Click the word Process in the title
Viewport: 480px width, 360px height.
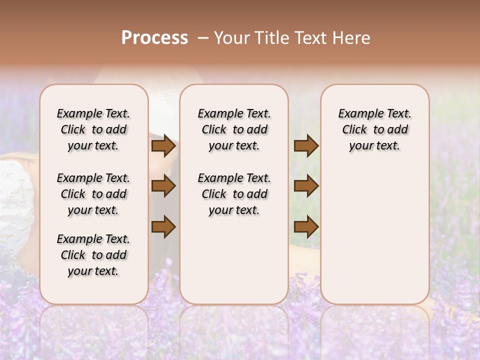pos(154,38)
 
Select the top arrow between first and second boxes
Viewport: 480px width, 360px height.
pos(163,146)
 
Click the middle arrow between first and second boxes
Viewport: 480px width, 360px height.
pos(163,186)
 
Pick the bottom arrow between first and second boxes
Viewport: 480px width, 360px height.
pos(163,227)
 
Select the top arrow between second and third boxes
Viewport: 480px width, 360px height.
pos(306,146)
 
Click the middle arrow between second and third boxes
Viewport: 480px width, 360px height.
pos(306,186)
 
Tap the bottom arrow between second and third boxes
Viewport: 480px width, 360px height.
pos(306,227)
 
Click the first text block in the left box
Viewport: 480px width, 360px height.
pos(93,129)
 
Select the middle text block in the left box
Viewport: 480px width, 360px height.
pos(93,194)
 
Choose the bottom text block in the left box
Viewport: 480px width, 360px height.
pos(93,255)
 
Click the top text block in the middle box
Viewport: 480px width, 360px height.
pos(234,129)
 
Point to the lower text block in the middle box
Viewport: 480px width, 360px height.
pos(234,194)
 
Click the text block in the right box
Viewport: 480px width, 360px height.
pos(375,129)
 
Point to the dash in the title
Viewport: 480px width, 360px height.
pos(203,38)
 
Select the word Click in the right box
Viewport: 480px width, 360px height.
pos(354,130)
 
